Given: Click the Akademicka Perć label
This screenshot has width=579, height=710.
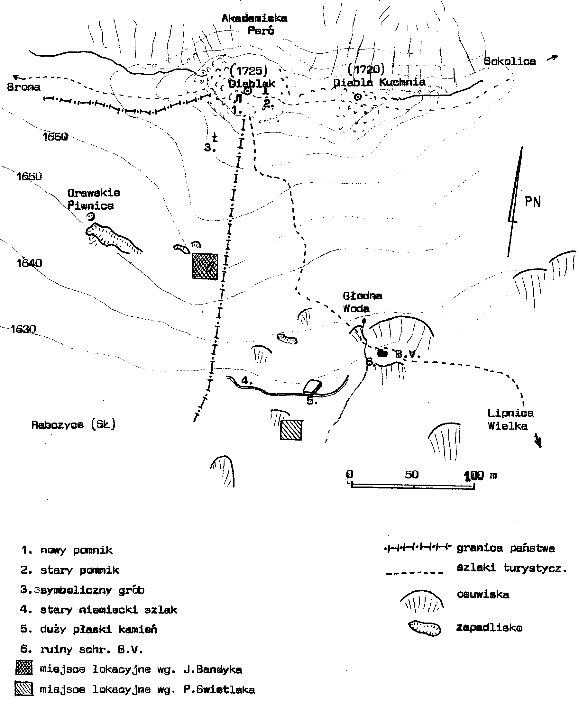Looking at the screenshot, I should pyautogui.click(x=254, y=24).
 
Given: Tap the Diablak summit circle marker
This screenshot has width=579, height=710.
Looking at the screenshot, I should pyautogui.click(x=247, y=91).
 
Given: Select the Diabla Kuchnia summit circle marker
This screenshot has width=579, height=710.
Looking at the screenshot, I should pyautogui.click(x=358, y=97).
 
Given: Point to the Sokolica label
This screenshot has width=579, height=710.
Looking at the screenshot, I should pyautogui.click(x=510, y=61).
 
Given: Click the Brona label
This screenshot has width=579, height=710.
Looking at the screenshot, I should pyautogui.click(x=24, y=87).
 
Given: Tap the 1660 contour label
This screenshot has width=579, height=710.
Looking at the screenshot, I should pyautogui.click(x=55, y=137).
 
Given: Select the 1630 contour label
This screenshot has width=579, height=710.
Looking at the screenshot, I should pyautogui.click(x=23, y=329).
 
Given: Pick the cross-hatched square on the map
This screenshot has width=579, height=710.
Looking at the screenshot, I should pyautogui.click(x=205, y=266).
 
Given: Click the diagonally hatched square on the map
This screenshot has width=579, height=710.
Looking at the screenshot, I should pyautogui.click(x=291, y=430).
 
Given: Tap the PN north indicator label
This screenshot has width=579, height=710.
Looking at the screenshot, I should pyautogui.click(x=532, y=202).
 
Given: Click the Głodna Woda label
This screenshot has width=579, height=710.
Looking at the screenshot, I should pyautogui.click(x=362, y=302).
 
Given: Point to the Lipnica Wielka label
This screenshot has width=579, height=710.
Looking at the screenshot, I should pyautogui.click(x=510, y=419).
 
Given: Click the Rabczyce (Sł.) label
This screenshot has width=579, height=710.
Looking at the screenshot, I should pyautogui.click(x=73, y=425).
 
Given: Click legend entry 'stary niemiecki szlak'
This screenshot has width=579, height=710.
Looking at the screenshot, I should pyautogui.click(x=108, y=610).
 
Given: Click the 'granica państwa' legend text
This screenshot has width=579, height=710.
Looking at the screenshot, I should pyautogui.click(x=506, y=548).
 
